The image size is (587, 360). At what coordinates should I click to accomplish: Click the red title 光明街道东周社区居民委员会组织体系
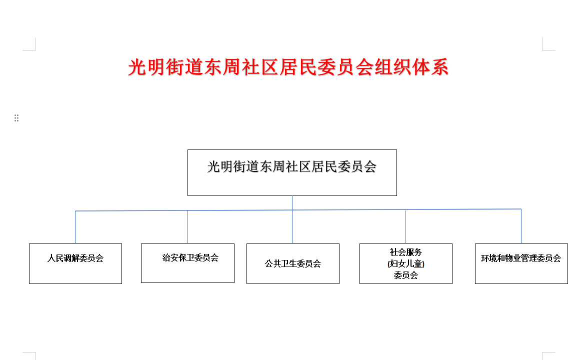pos(288,67)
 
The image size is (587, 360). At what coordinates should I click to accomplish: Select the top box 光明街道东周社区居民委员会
pos(292,172)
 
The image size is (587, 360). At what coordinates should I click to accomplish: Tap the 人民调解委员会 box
pos(75,263)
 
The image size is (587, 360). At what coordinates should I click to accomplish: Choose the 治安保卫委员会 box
pos(187,263)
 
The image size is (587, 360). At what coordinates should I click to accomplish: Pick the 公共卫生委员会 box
pos(293,263)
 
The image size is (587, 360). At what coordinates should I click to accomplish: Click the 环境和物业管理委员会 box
pos(521,263)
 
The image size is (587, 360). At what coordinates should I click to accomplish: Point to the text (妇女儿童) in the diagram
pos(406,264)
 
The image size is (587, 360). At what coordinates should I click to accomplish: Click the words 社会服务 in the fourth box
pos(406,252)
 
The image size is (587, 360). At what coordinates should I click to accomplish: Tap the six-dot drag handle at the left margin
pos(16,118)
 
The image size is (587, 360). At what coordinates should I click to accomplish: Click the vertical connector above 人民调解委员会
pos(75,227)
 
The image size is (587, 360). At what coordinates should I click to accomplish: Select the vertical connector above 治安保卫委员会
pos(187,227)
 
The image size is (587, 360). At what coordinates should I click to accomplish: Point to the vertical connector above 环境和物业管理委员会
pos(521,226)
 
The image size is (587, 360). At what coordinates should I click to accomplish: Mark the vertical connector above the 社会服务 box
pos(406,227)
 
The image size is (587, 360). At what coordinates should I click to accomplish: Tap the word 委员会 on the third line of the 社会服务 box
pos(406,275)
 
